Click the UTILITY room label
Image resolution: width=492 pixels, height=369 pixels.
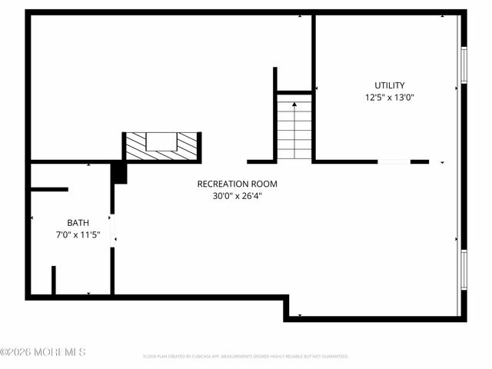[x=389, y=85]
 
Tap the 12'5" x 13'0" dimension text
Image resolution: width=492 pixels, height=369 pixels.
[x=389, y=98]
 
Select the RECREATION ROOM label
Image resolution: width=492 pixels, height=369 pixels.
[x=237, y=184]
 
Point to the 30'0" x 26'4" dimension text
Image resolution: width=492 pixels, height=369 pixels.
[x=237, y=196]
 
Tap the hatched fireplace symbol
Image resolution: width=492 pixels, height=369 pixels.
[x=162, y=147]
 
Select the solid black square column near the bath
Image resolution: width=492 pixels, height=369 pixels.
[x=119, y=172]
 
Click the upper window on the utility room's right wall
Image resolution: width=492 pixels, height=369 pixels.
[x=464, y=65]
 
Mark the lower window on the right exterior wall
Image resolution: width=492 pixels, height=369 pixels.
[x=464, y=269]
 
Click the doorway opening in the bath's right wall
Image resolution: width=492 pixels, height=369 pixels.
[x=112, y=230]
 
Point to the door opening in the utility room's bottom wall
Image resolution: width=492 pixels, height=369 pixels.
[x=394, y=161]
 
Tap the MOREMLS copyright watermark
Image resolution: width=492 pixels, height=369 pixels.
[x=43, y=352]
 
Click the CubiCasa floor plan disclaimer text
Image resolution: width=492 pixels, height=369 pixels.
[x=246, y=357]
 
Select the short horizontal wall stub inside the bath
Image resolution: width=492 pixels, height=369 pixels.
[x=49, y=189]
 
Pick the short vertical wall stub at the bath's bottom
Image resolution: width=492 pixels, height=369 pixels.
[x=53, y=281]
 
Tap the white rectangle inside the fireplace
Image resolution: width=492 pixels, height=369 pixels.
[x=161, y=141]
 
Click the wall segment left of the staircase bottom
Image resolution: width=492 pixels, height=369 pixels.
[x=261, y=161]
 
